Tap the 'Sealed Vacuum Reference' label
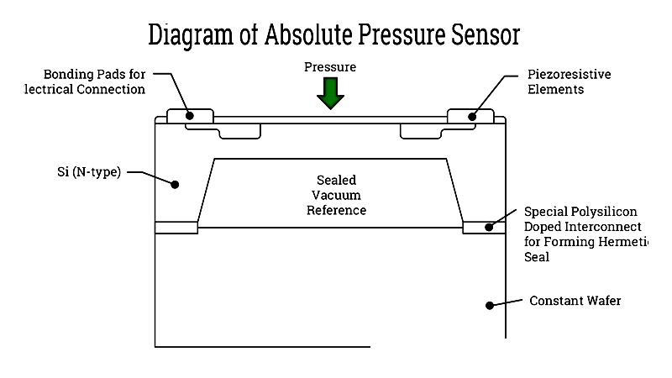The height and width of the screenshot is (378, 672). [x=335, y=195]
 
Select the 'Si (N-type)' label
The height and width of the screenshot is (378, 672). [x=87, y=173]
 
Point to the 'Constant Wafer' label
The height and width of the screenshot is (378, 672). [x=575, y=300]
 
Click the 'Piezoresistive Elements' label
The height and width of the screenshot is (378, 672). [x=569, y=81]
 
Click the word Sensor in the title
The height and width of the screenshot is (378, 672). [x=486, y=35]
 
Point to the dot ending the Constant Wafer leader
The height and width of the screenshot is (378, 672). [x=487, y=307]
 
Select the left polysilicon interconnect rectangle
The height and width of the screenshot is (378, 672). [x=176, y=227]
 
